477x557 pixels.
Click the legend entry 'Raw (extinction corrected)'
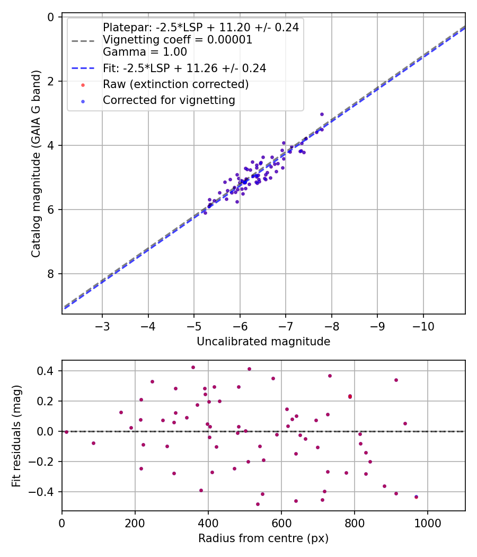[x=175, y=84]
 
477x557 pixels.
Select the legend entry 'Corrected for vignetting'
[x=169, y=100]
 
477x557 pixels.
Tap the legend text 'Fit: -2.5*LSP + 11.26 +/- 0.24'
[x=184, y=68]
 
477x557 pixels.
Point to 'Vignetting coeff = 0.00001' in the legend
[x=177, y=40]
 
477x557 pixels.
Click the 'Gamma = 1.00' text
[x=145, y=52]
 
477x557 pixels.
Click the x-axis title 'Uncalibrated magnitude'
[x=263, y=342]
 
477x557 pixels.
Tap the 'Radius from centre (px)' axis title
[x=263, y=538]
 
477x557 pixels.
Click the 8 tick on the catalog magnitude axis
[x=51, y=274]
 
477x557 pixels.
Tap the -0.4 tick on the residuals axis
[x=45, y=492]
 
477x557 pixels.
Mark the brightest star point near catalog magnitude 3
[x=322, y=114]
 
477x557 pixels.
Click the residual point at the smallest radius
[x=66, y=432]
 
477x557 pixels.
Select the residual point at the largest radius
[x=416, y=497]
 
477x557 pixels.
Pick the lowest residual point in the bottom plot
[x=258, y=504]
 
